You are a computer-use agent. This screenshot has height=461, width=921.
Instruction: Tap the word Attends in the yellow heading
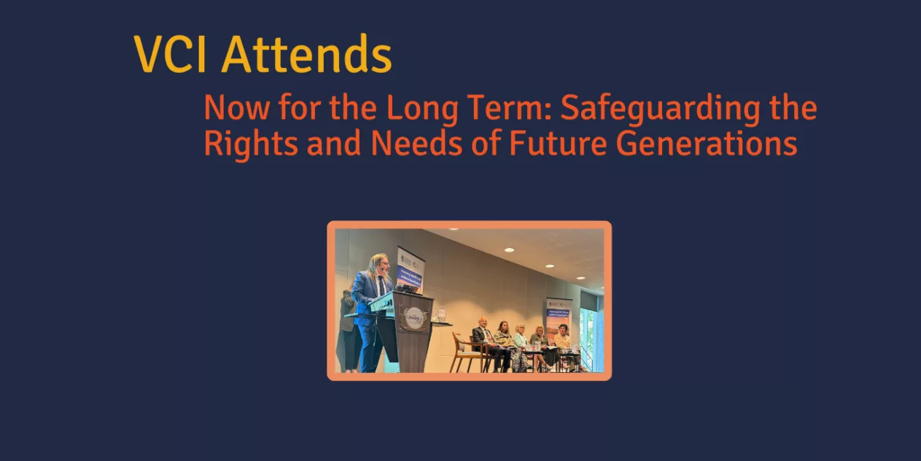coord(306,55)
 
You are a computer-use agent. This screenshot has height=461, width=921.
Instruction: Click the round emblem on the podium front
coord(414,319)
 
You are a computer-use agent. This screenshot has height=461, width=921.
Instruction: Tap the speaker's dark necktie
coord(381,285)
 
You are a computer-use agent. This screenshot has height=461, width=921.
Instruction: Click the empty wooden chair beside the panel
coord(462,350)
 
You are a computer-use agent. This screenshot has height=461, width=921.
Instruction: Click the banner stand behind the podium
coord(410,268)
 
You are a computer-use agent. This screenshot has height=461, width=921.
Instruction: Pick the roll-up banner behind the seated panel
coord(558,314)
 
